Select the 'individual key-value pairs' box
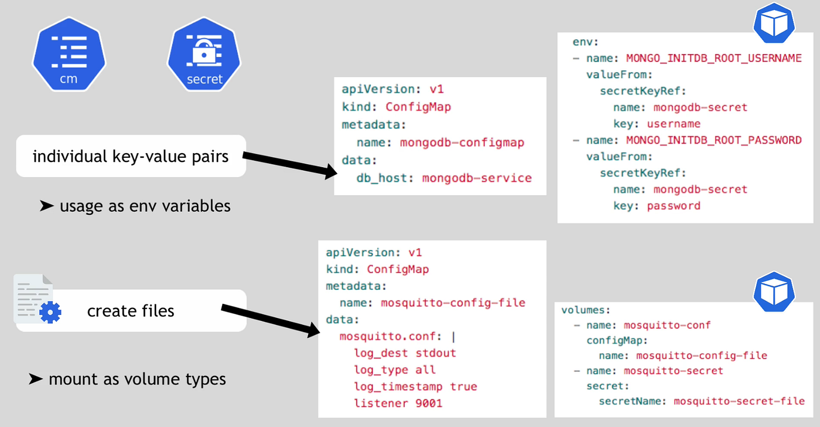(131, 156)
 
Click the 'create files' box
(131, 310)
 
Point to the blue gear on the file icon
(50, 312)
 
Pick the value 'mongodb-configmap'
(462, 143)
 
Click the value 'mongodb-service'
(477, 178)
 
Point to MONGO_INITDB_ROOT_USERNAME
(713, 58)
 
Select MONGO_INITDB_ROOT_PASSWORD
(713, 140)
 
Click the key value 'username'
(674, 124)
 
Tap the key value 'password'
(674, 206)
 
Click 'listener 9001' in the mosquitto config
(398, 403)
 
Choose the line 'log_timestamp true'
(415, 387)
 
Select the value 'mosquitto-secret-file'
(739, 401)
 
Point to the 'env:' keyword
(585, 42)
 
